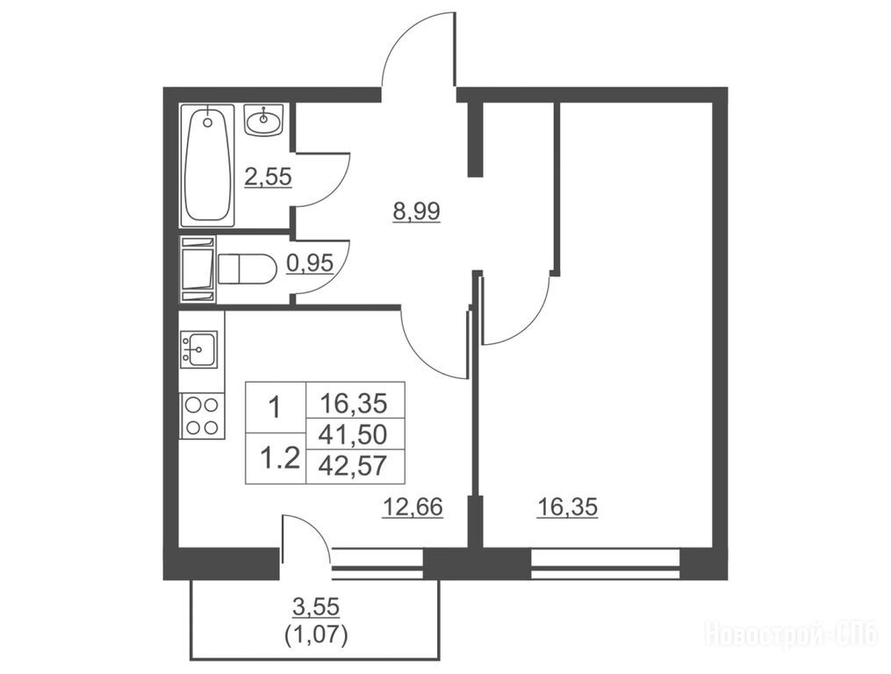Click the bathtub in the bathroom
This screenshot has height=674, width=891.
tap(207, 165)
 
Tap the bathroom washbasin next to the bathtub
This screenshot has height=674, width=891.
tap(263, 119)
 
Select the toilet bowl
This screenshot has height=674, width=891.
tap(247, 268)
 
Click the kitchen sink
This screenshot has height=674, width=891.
tap(198, 348)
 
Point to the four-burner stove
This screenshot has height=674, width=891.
tap(202, 415)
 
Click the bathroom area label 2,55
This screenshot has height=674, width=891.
tap(268, 177)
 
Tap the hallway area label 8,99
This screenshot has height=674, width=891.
tap(416, 212)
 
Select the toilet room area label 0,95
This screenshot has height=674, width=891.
tap(310, 263)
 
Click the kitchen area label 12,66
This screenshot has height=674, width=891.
tap(413, 507)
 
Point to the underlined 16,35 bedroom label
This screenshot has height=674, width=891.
tap(568, 507)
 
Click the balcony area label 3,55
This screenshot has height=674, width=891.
tap(316, 607)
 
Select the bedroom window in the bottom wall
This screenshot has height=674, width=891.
tap(605, 563)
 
